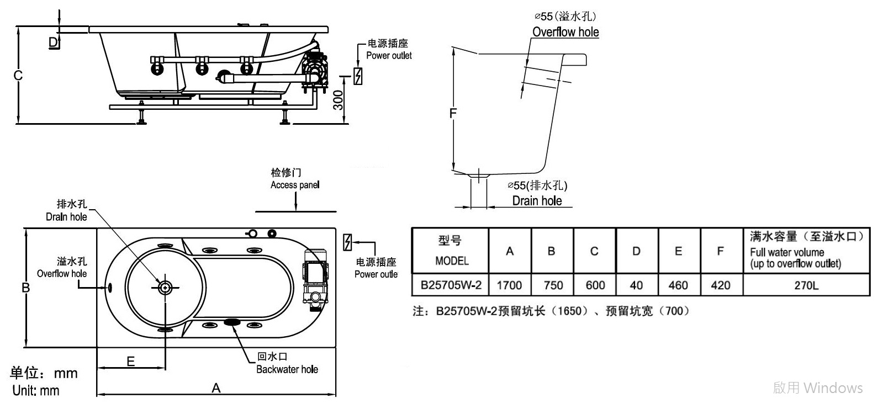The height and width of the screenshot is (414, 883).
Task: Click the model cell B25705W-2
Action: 451,285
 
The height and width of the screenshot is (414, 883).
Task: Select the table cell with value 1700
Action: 510,285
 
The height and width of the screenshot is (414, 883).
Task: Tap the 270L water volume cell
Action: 807,285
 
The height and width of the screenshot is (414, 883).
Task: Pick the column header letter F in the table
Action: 720,251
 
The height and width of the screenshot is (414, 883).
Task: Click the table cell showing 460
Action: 678,285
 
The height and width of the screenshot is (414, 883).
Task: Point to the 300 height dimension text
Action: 338,100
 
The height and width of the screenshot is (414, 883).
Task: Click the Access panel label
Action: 295,185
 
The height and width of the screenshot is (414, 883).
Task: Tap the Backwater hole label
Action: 287,369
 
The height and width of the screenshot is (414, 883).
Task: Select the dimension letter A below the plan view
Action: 216,388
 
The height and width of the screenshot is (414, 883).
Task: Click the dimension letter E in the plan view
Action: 130,361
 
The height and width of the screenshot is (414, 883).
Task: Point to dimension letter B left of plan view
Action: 25,288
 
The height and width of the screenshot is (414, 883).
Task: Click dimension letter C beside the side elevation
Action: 18,75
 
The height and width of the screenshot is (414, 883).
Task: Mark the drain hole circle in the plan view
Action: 165,288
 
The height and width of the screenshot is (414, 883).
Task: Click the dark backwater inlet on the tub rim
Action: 232,322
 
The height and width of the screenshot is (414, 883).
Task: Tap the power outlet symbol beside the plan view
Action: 347,242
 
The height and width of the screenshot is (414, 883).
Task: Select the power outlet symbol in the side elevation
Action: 358,76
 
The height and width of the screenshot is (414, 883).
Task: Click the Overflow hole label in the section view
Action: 565,32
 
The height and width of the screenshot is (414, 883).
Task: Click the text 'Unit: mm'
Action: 36,390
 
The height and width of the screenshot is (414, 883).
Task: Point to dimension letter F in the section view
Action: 453,114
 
